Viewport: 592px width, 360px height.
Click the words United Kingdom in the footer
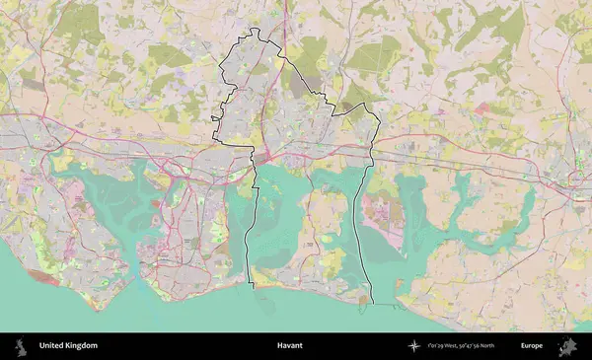coord(68,346)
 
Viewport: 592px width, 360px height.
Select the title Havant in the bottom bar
coord(289,346)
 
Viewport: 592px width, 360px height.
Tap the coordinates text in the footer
coord(467,346)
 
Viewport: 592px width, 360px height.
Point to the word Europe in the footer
coord(532,346)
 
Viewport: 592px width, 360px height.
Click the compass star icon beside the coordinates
coord(413,346)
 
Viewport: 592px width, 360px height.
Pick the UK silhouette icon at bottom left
coord(20,346)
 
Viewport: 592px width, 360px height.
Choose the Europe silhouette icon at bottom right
coord(567,346)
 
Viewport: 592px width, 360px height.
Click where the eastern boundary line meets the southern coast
coord(373,302)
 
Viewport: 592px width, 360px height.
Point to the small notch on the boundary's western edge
coord(214,120)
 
